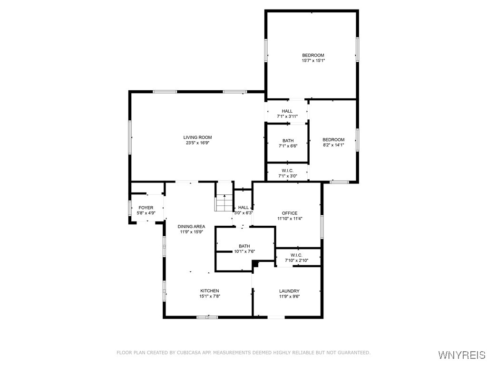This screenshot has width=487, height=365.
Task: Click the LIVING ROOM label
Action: pos(197,137)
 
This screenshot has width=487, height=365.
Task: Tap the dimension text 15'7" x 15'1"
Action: pos(313,60)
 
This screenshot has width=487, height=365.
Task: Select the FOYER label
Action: pos(146,208)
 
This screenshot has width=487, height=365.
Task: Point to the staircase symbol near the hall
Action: pos(224,203)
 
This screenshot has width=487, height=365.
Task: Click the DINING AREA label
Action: pos(191,226)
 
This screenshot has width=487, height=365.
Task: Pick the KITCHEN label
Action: pos(209,290)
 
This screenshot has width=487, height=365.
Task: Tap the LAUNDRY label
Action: pos(289,291)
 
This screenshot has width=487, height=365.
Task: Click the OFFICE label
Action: pos(289,213)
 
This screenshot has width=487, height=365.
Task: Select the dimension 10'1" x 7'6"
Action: pos(244,251)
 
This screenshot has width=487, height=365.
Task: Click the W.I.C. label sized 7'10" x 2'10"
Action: pos(296,255)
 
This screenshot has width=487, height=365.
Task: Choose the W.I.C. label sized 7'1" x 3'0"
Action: pos(287,171)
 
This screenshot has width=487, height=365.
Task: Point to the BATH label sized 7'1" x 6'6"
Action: pos(288,141)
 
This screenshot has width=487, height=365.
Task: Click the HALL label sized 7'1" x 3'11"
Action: pos(287,111)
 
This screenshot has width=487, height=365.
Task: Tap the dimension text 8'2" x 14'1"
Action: pos(333,145)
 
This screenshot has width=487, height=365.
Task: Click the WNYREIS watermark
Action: pos(461,355)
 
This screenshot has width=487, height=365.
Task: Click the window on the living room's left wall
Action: pos(130,137)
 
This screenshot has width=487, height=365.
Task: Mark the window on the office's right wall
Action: pos(322,227)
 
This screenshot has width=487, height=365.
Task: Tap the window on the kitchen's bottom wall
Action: pos(207,317)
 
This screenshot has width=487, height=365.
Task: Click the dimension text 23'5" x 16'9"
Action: pos(197,143)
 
